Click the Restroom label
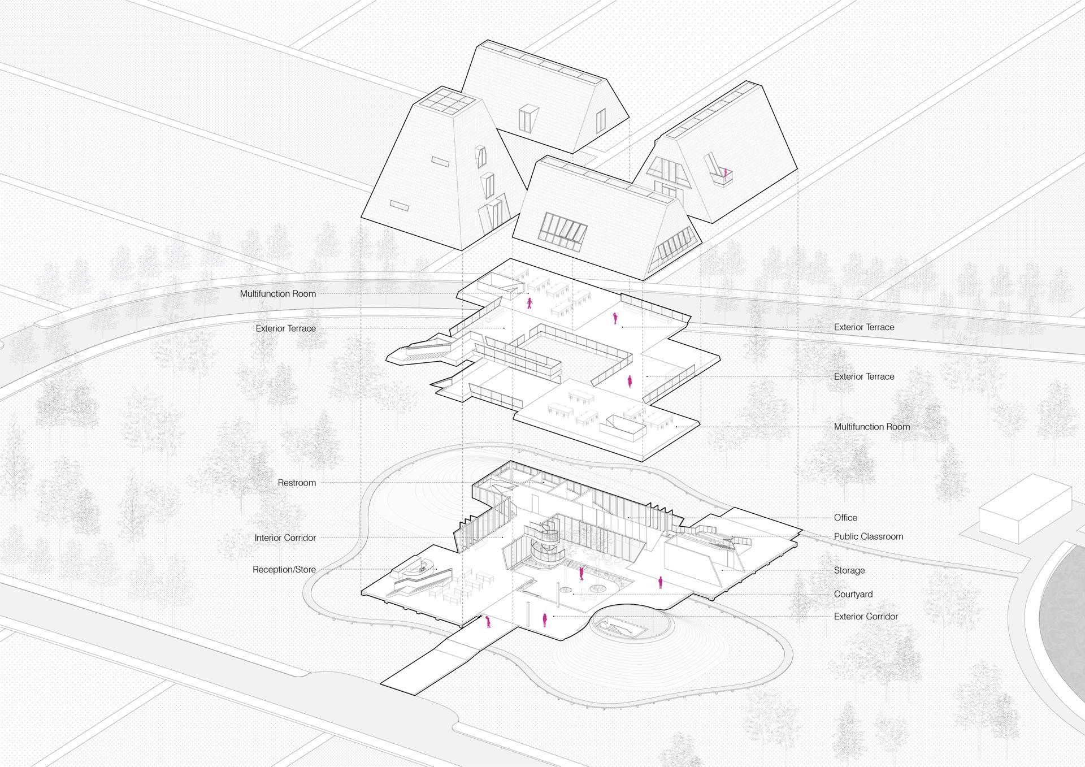tap(297, 483)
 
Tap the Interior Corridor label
tap(285, 538)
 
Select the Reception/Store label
tap(284, 570)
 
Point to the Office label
tap(845, 518)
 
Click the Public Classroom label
tap(869, 536)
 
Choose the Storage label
tap(849, 571)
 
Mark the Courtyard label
tap(853, 595)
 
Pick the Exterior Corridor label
tap(866, 617)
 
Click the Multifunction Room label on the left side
tap(278, 294)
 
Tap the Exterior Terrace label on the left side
tap(286, 328)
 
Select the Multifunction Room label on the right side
tap(872, 427)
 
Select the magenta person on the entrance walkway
tap(488, 622)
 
